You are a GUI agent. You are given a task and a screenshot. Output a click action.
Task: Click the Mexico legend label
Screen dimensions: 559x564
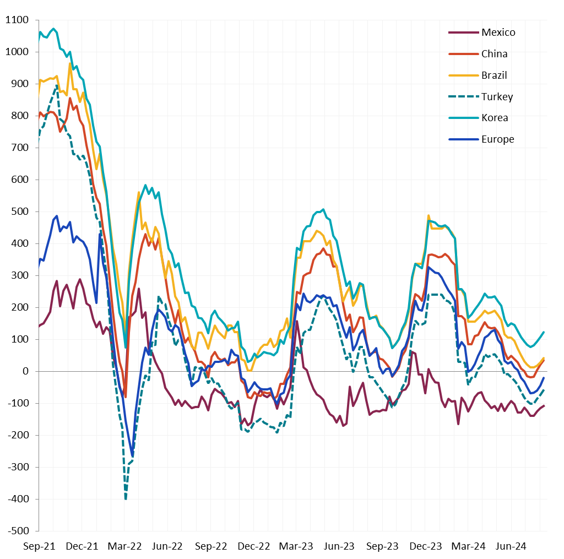[x=498, y=32]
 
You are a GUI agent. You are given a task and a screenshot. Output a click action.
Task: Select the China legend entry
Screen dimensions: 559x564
[x=494, y=54]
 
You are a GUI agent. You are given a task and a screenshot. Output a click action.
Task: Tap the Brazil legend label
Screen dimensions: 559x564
[x=494, y=75]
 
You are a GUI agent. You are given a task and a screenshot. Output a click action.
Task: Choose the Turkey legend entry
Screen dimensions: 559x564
[x=497, y=97]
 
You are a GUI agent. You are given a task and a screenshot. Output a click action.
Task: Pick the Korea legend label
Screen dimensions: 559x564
[x=495, y=118]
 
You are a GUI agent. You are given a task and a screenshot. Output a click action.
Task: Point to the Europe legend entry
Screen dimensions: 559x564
[x=497, y=139]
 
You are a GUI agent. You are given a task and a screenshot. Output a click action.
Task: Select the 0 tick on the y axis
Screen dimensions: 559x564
[x=26, y=371]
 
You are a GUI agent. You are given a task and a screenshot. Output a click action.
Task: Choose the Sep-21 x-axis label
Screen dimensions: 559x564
[x=39, y=546]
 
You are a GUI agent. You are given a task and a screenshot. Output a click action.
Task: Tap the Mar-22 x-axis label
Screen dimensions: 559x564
[x=124, y=546]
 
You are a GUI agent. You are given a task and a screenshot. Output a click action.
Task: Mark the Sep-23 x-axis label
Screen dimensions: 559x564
[x=382, y=546]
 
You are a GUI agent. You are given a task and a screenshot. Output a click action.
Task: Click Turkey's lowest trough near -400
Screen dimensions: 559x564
[x=126, y=498]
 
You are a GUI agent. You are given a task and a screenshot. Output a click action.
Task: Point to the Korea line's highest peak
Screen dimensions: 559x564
[x=53, y=29]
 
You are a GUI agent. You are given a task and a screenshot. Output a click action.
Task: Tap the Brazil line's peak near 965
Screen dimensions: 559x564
[x=70, y=63]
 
